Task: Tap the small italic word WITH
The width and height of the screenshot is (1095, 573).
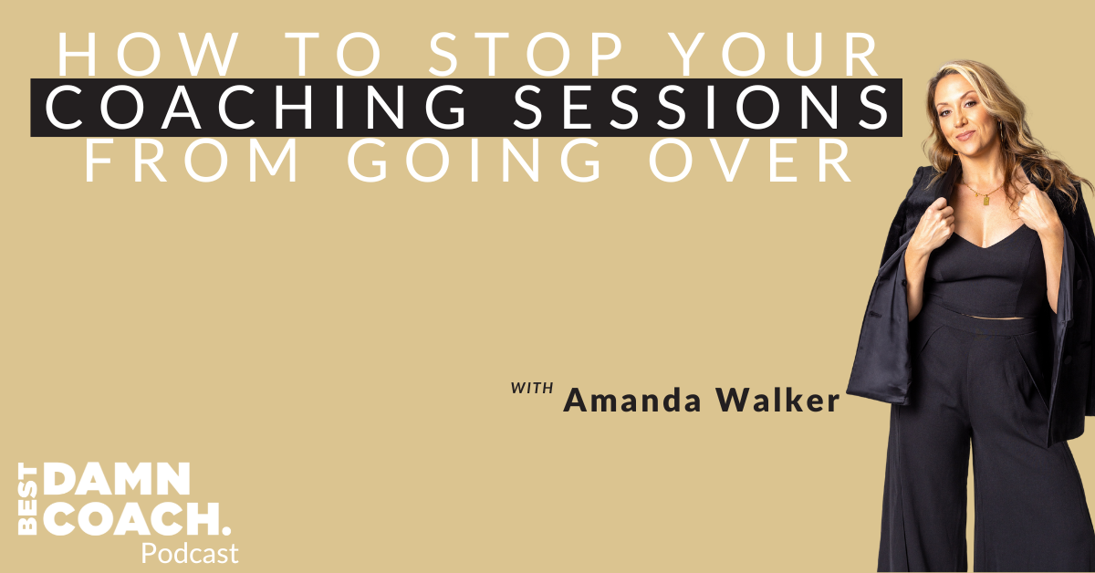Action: (532, 389)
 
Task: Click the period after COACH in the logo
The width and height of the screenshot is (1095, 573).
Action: (225, 530)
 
